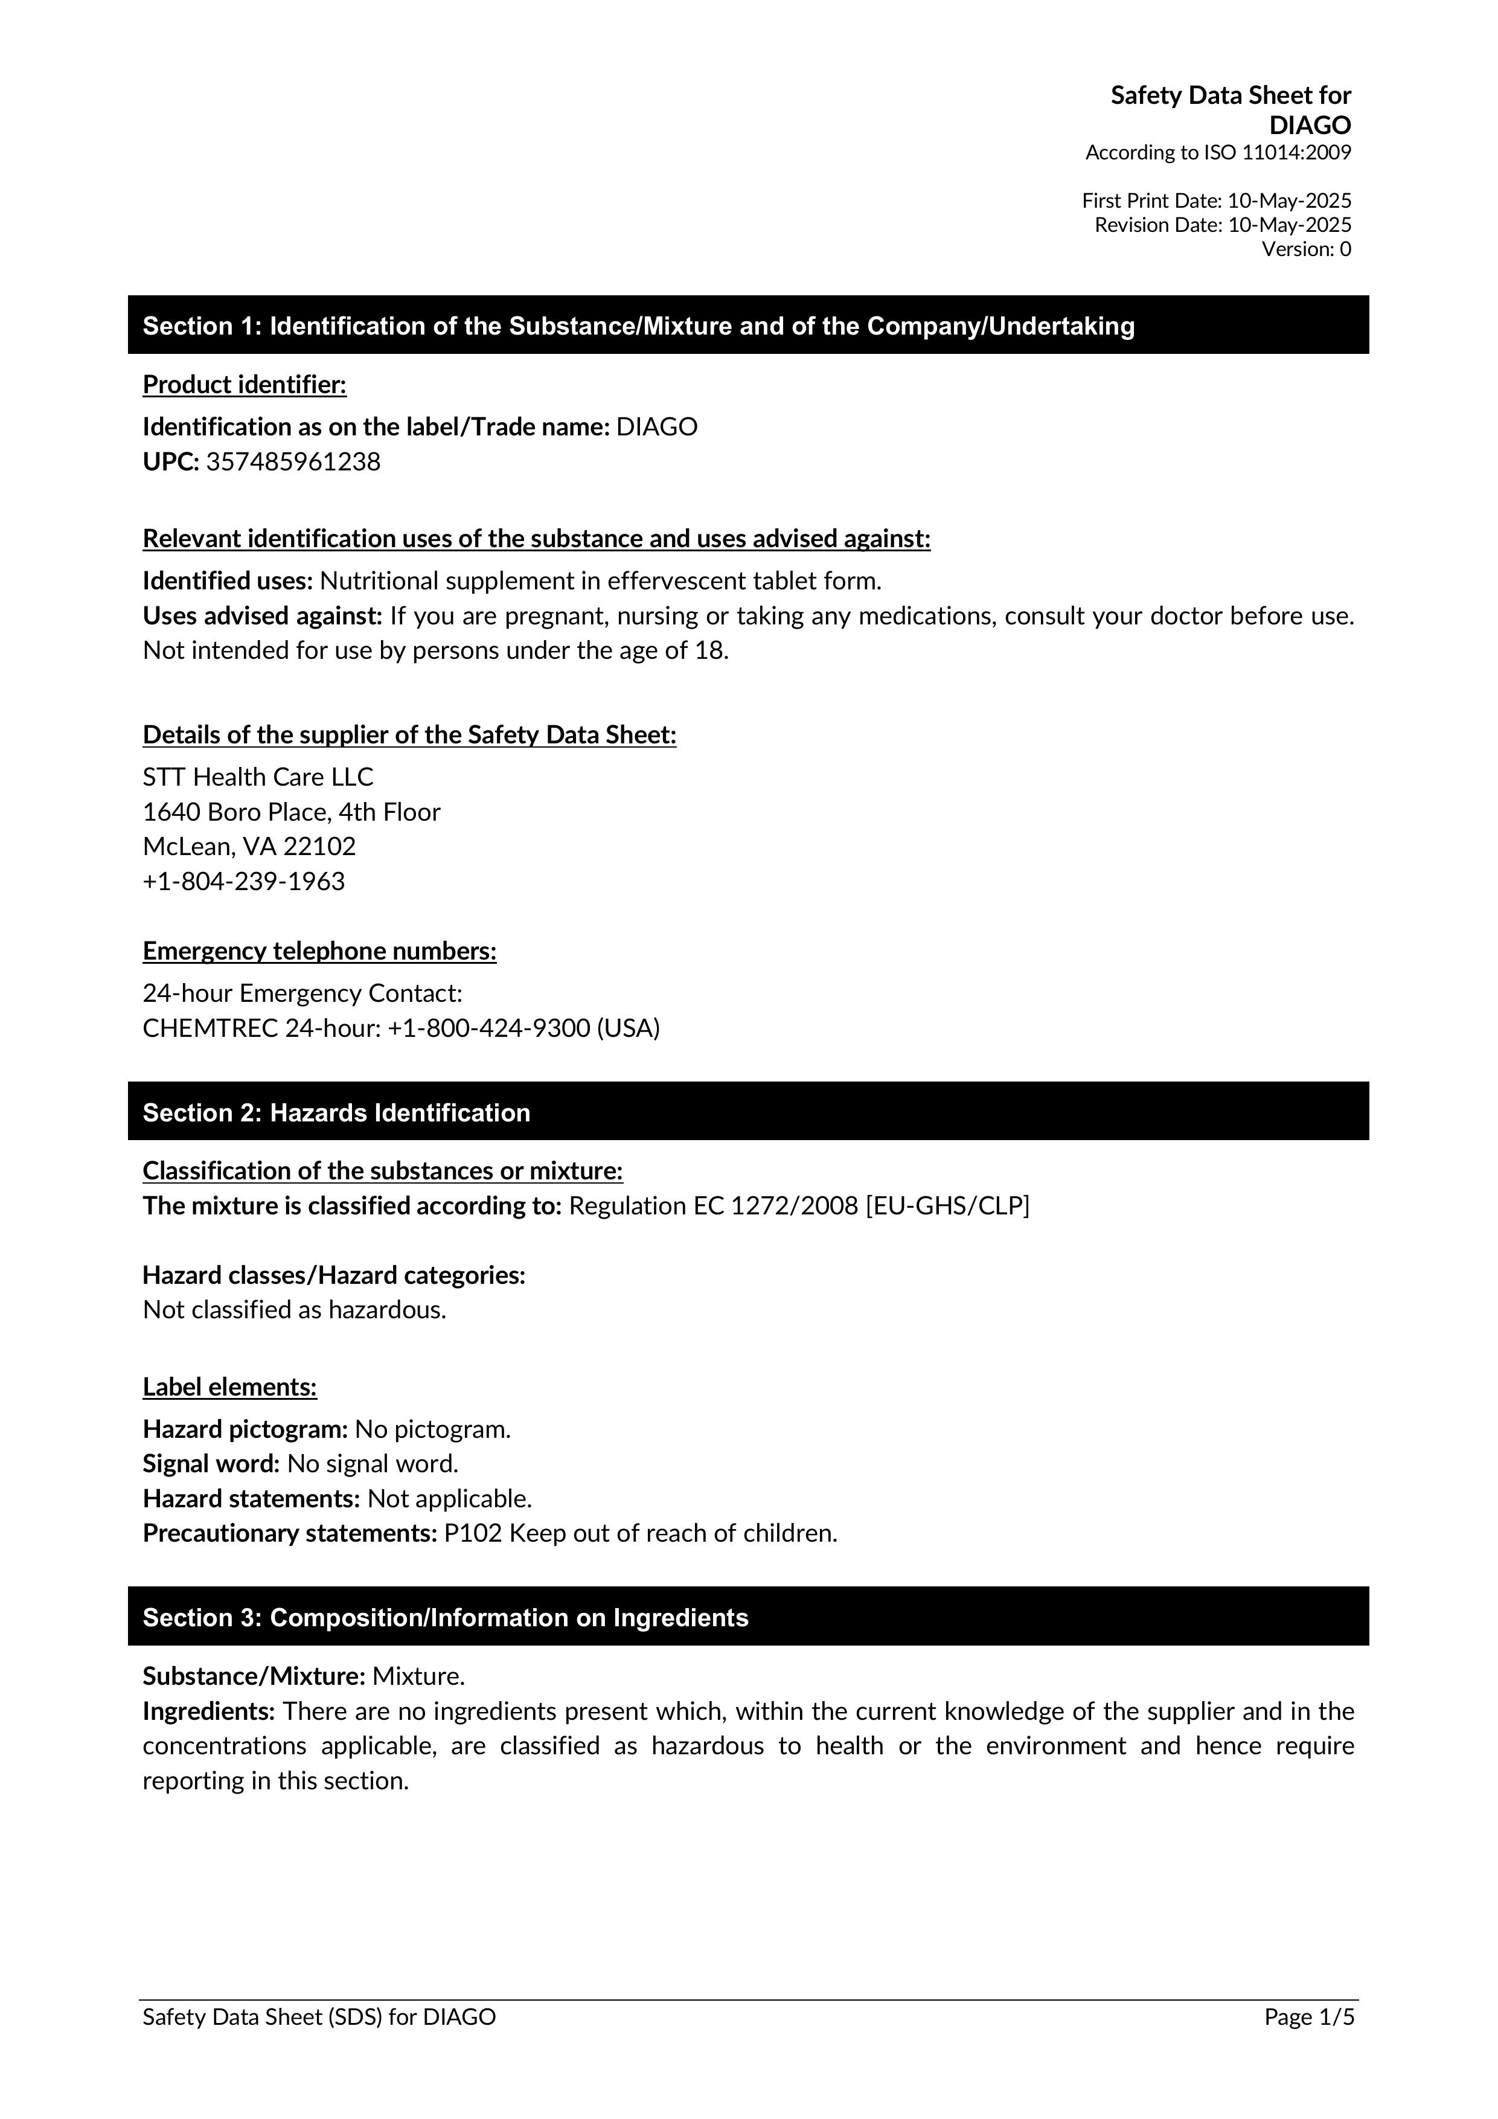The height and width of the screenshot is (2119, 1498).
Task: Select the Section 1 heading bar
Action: coord(747,325)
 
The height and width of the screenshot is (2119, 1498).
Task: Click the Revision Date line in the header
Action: coord(1222,224)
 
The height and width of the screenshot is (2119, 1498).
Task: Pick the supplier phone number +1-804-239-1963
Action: coord(244,882)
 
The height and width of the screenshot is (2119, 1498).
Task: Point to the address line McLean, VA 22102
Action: coord(249,846)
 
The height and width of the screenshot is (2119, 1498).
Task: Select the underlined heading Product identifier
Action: coord(245,385)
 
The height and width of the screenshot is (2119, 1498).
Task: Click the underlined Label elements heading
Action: coord(230,1387)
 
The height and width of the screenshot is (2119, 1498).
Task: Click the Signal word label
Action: coord(211,1464)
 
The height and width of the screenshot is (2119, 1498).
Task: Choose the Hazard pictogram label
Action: coord(245,1429)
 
